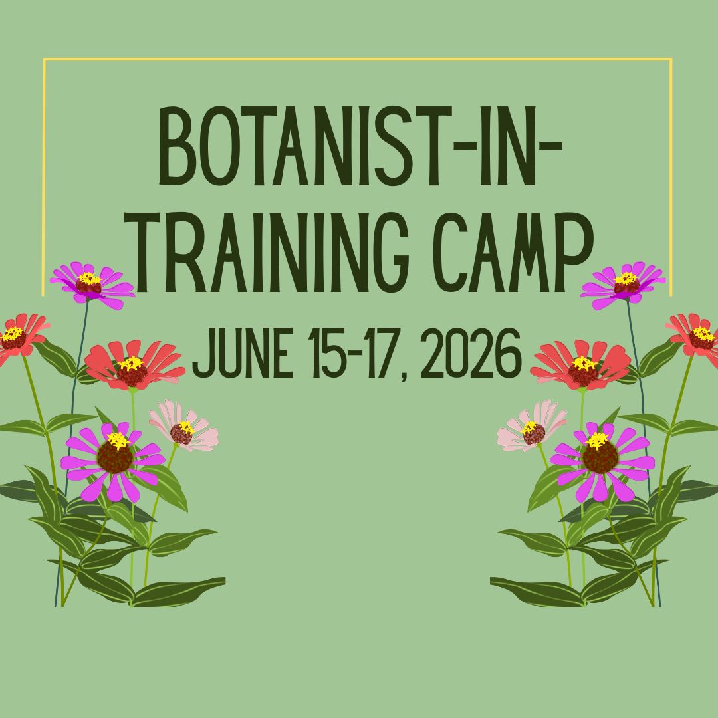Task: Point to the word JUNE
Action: (243, 355)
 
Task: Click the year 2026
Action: (471, 355)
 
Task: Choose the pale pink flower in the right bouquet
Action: (532, 429)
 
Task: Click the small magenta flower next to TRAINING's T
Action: (91, 284)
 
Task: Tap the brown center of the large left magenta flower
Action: (114, 458)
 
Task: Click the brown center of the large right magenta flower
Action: (600, 458)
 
